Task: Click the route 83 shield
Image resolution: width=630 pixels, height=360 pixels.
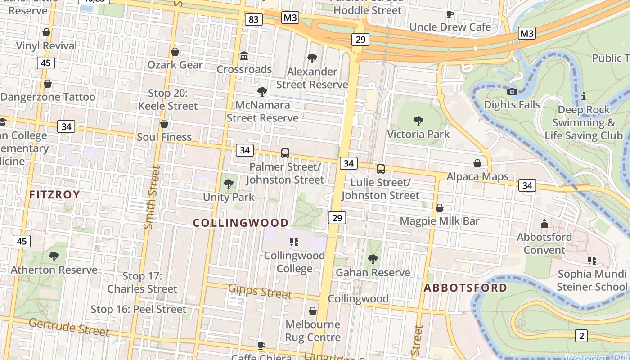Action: click(x=254, y=19)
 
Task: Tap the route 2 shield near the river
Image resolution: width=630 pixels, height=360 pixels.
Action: click(x=581, y=335)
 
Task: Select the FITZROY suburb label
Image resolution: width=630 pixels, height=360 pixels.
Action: click(x=54, y=195)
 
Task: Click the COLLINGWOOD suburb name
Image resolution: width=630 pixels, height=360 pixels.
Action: click(x=241, y=223)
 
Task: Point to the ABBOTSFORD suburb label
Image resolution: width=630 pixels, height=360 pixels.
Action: click(x=465, y=288)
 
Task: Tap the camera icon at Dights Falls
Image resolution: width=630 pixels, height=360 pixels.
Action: click(x=512, y=91)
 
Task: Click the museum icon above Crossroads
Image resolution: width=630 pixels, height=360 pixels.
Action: click(x=244, y=56)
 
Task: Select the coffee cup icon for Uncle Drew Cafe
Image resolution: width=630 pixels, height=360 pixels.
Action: click(x=450, y=14)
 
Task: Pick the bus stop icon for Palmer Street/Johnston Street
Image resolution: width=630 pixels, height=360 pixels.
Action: click(x=285, y=153)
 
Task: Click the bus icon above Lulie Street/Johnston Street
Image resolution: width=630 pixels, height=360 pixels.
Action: click(x=380, y=169)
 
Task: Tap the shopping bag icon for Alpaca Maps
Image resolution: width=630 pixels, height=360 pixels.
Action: click(x=477, y=163)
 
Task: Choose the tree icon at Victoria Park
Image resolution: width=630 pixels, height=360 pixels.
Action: click(x=418, y=121)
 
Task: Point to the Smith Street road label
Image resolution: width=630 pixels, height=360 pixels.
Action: click(x=151, y=197)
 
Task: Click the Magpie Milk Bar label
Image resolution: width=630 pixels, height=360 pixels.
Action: click(x=440, y=221)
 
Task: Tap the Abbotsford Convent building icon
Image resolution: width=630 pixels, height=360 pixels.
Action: click(x=544, y=224)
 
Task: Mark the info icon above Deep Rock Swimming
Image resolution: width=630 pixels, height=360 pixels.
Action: click(x=583, y=96)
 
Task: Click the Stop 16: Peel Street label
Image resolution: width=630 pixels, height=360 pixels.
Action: click(x=138, y=309)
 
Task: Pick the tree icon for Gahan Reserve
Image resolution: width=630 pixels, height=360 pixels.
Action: click(x=373, y=259)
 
